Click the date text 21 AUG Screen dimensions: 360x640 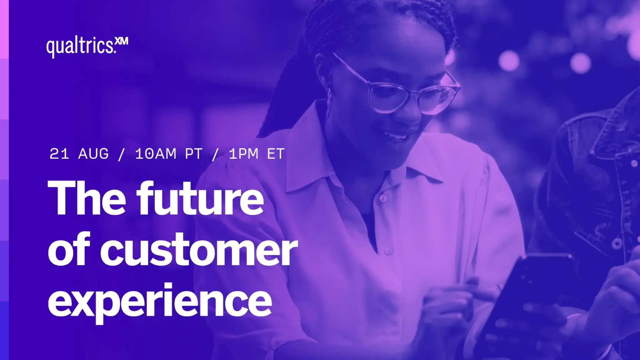point(79,154)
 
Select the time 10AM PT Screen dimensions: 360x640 point(169,154)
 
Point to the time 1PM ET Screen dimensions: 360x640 point(257,154)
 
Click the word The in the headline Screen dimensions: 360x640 point(87,198)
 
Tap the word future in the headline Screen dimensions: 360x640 point(200,198)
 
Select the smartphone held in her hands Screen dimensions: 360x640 point(525,300)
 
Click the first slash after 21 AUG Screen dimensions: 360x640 point(122,154)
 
